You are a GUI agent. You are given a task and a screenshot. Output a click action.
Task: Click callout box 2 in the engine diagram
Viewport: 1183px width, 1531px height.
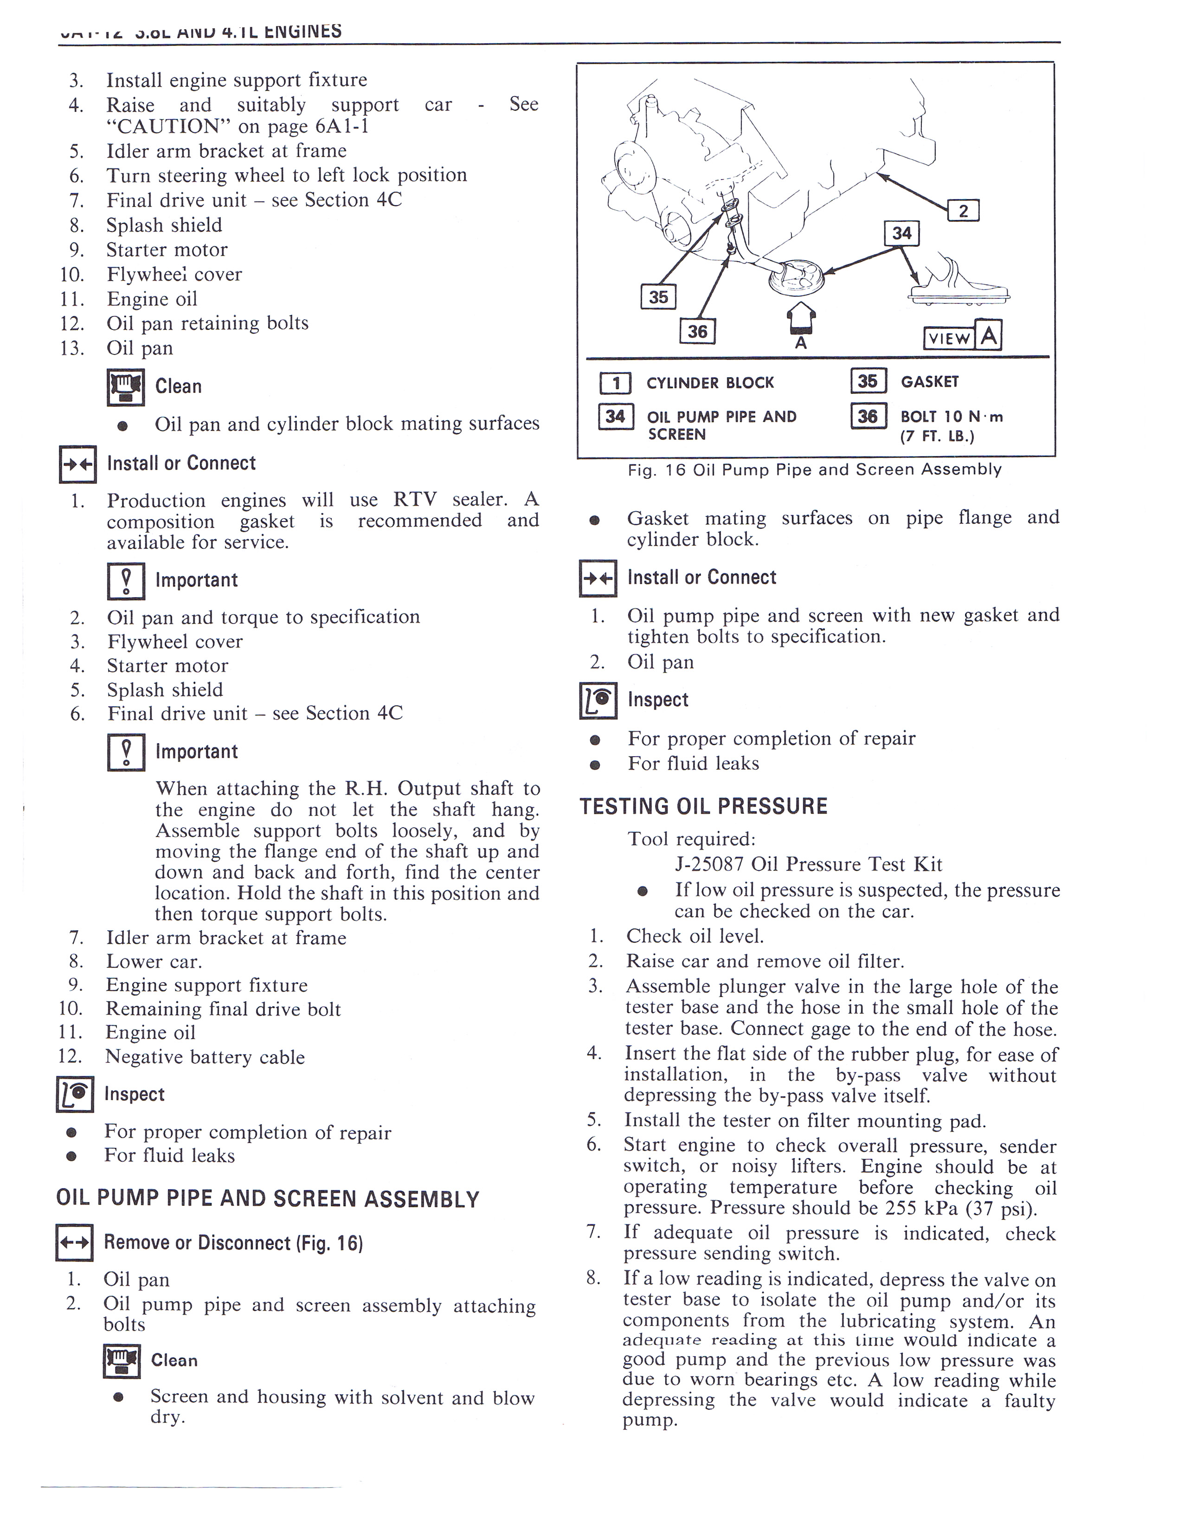coord(963,210)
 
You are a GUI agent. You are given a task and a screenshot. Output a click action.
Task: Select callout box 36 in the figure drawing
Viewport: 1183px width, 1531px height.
coord(697,331)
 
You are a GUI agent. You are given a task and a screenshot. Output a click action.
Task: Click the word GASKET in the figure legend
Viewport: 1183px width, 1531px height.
coord(929,382)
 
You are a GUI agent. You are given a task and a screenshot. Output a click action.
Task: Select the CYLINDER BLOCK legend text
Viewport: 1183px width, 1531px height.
coord(709,383)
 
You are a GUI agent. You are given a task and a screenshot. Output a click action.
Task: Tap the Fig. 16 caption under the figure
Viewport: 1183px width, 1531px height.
coord(814,470)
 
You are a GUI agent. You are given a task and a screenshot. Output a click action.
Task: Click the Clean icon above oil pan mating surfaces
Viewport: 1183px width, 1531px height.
coord(125,387)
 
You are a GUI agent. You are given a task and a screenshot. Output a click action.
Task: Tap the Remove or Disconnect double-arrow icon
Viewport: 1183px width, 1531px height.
coord(74,1243)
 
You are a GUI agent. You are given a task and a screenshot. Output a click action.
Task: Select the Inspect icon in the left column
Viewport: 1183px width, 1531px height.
coord(74,1094)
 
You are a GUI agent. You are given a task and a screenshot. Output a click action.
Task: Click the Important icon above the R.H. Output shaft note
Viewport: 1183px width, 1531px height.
coord(125,752)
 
